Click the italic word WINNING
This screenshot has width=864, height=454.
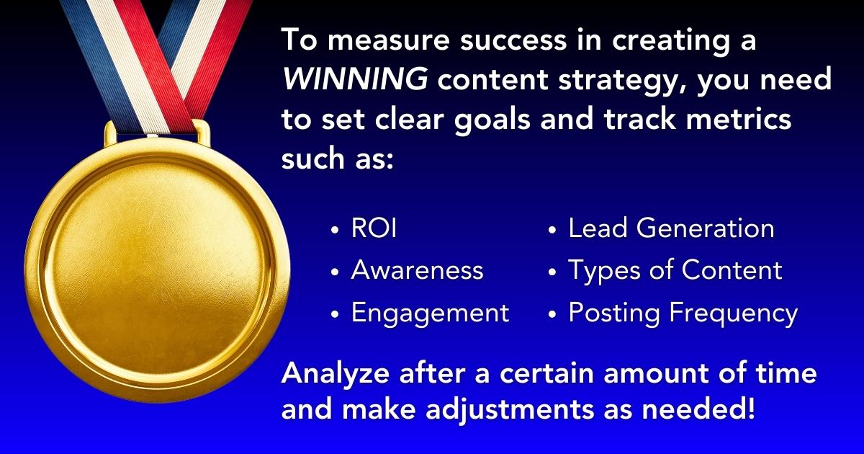pos(353,79)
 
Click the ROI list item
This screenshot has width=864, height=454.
pos(374,229)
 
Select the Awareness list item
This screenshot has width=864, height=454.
pos(417,271)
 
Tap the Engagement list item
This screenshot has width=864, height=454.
pos(430,313)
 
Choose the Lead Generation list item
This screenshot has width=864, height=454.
pos(671,229)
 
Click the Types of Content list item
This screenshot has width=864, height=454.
pos(675,271)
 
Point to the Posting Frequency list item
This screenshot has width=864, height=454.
pos(683,313)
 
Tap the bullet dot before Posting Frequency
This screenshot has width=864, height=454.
pos(552,314)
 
